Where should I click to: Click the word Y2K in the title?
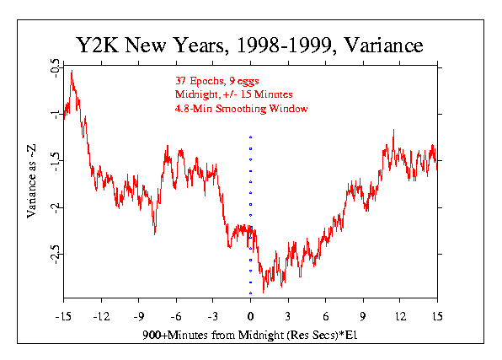[98, 45]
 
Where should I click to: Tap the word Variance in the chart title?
[383, 45]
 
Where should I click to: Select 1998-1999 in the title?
[284, 45]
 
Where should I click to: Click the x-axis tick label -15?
[63, 317]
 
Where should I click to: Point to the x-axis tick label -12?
[101, 317]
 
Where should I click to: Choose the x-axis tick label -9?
[139, 317]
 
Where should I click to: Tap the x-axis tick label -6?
[176, 317]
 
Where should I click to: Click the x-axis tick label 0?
[251, 317]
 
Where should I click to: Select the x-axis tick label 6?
[326, 317]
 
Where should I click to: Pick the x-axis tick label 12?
[400, 317]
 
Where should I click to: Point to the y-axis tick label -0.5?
[55, 68]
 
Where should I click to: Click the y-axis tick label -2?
[55, 208]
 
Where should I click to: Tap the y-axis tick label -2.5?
[55, 255]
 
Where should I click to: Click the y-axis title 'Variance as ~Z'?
[31, 181]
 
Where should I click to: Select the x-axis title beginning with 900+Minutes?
[249, 335]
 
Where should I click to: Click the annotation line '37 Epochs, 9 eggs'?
[216, 81]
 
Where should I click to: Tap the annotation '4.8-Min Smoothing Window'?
[241, 109]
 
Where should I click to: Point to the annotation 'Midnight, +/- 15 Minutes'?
[233, 94]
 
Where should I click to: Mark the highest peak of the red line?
[72, 71]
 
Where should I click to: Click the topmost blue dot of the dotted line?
[251, 137]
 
